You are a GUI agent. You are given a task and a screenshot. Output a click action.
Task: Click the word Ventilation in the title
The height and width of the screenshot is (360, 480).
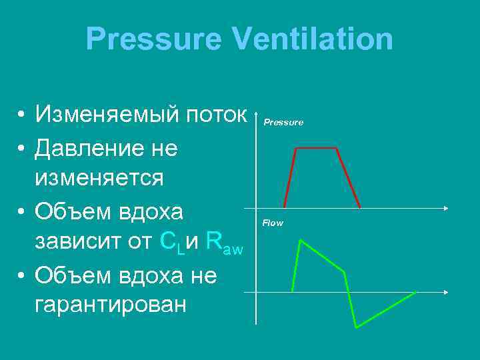(x=313, y=39)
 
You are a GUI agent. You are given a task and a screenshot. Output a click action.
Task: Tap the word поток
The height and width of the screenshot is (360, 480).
(x=217, y=115)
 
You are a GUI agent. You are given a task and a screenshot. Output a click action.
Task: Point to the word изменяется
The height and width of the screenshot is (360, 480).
(x=99, y=179)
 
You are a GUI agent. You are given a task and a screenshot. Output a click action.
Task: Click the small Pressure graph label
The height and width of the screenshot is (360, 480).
(x=283, y=123)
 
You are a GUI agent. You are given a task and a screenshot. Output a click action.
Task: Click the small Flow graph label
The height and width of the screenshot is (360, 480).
(x=273, y=223)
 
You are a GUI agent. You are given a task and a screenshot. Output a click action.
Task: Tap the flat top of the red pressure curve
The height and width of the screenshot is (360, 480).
(x=317, y=149)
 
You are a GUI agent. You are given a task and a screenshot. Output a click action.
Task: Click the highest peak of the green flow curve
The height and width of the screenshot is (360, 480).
(x=301, y=241)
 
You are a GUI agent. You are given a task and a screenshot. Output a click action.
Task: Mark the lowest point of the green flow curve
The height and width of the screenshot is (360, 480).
(x=357, y=327)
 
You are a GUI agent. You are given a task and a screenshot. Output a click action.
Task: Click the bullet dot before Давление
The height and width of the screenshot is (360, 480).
(x=22, y=148)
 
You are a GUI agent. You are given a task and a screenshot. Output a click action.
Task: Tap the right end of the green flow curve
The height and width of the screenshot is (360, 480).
(x=415, y=293)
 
